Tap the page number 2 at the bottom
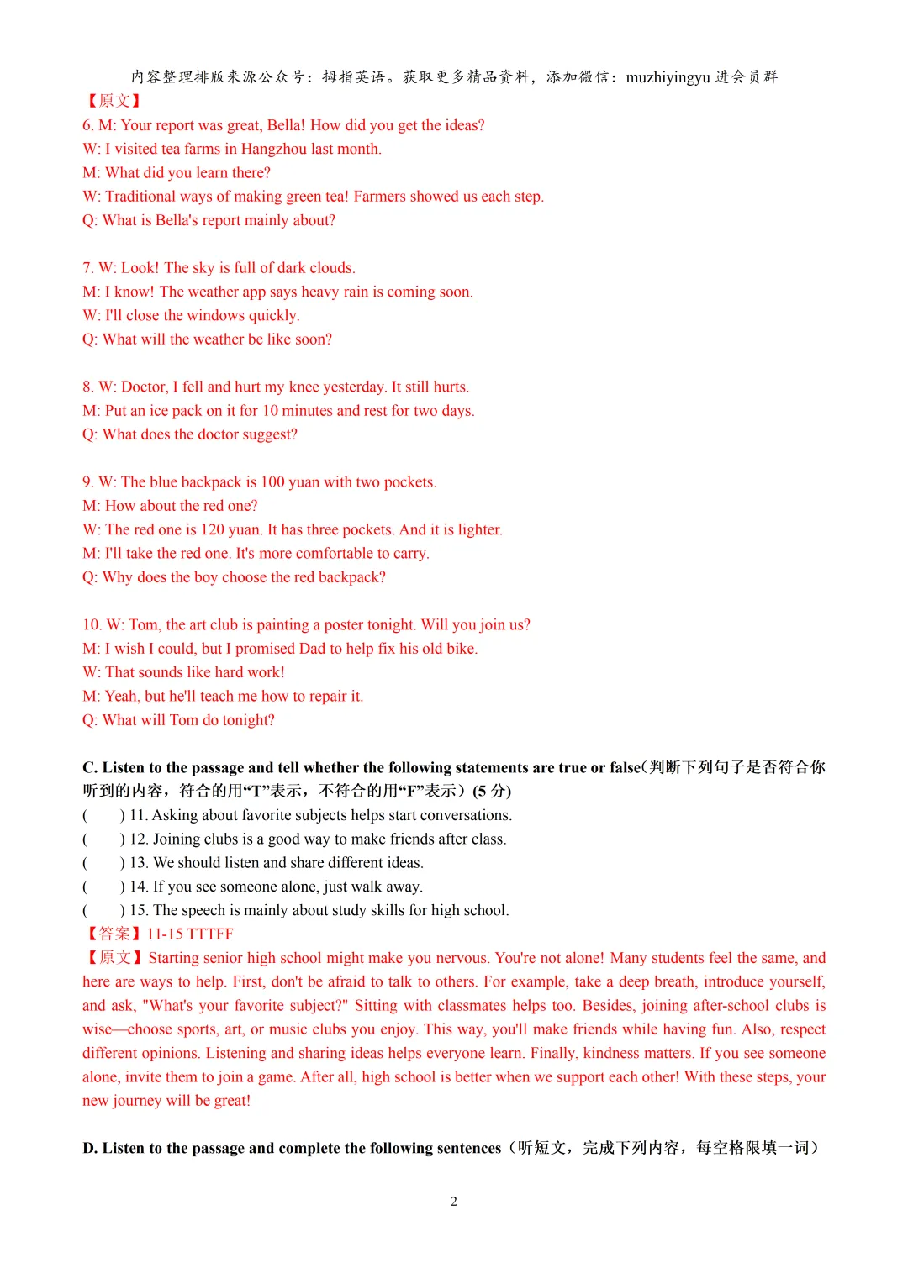[454, 1201]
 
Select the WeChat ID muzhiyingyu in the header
[668, 77]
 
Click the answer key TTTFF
[210, 934]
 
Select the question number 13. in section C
[139, 862]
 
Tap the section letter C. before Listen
[90, 767]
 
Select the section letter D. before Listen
[90, 1148]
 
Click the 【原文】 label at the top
[113, 101]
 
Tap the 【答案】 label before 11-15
[113, 934]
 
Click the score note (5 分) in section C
[492, 791]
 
